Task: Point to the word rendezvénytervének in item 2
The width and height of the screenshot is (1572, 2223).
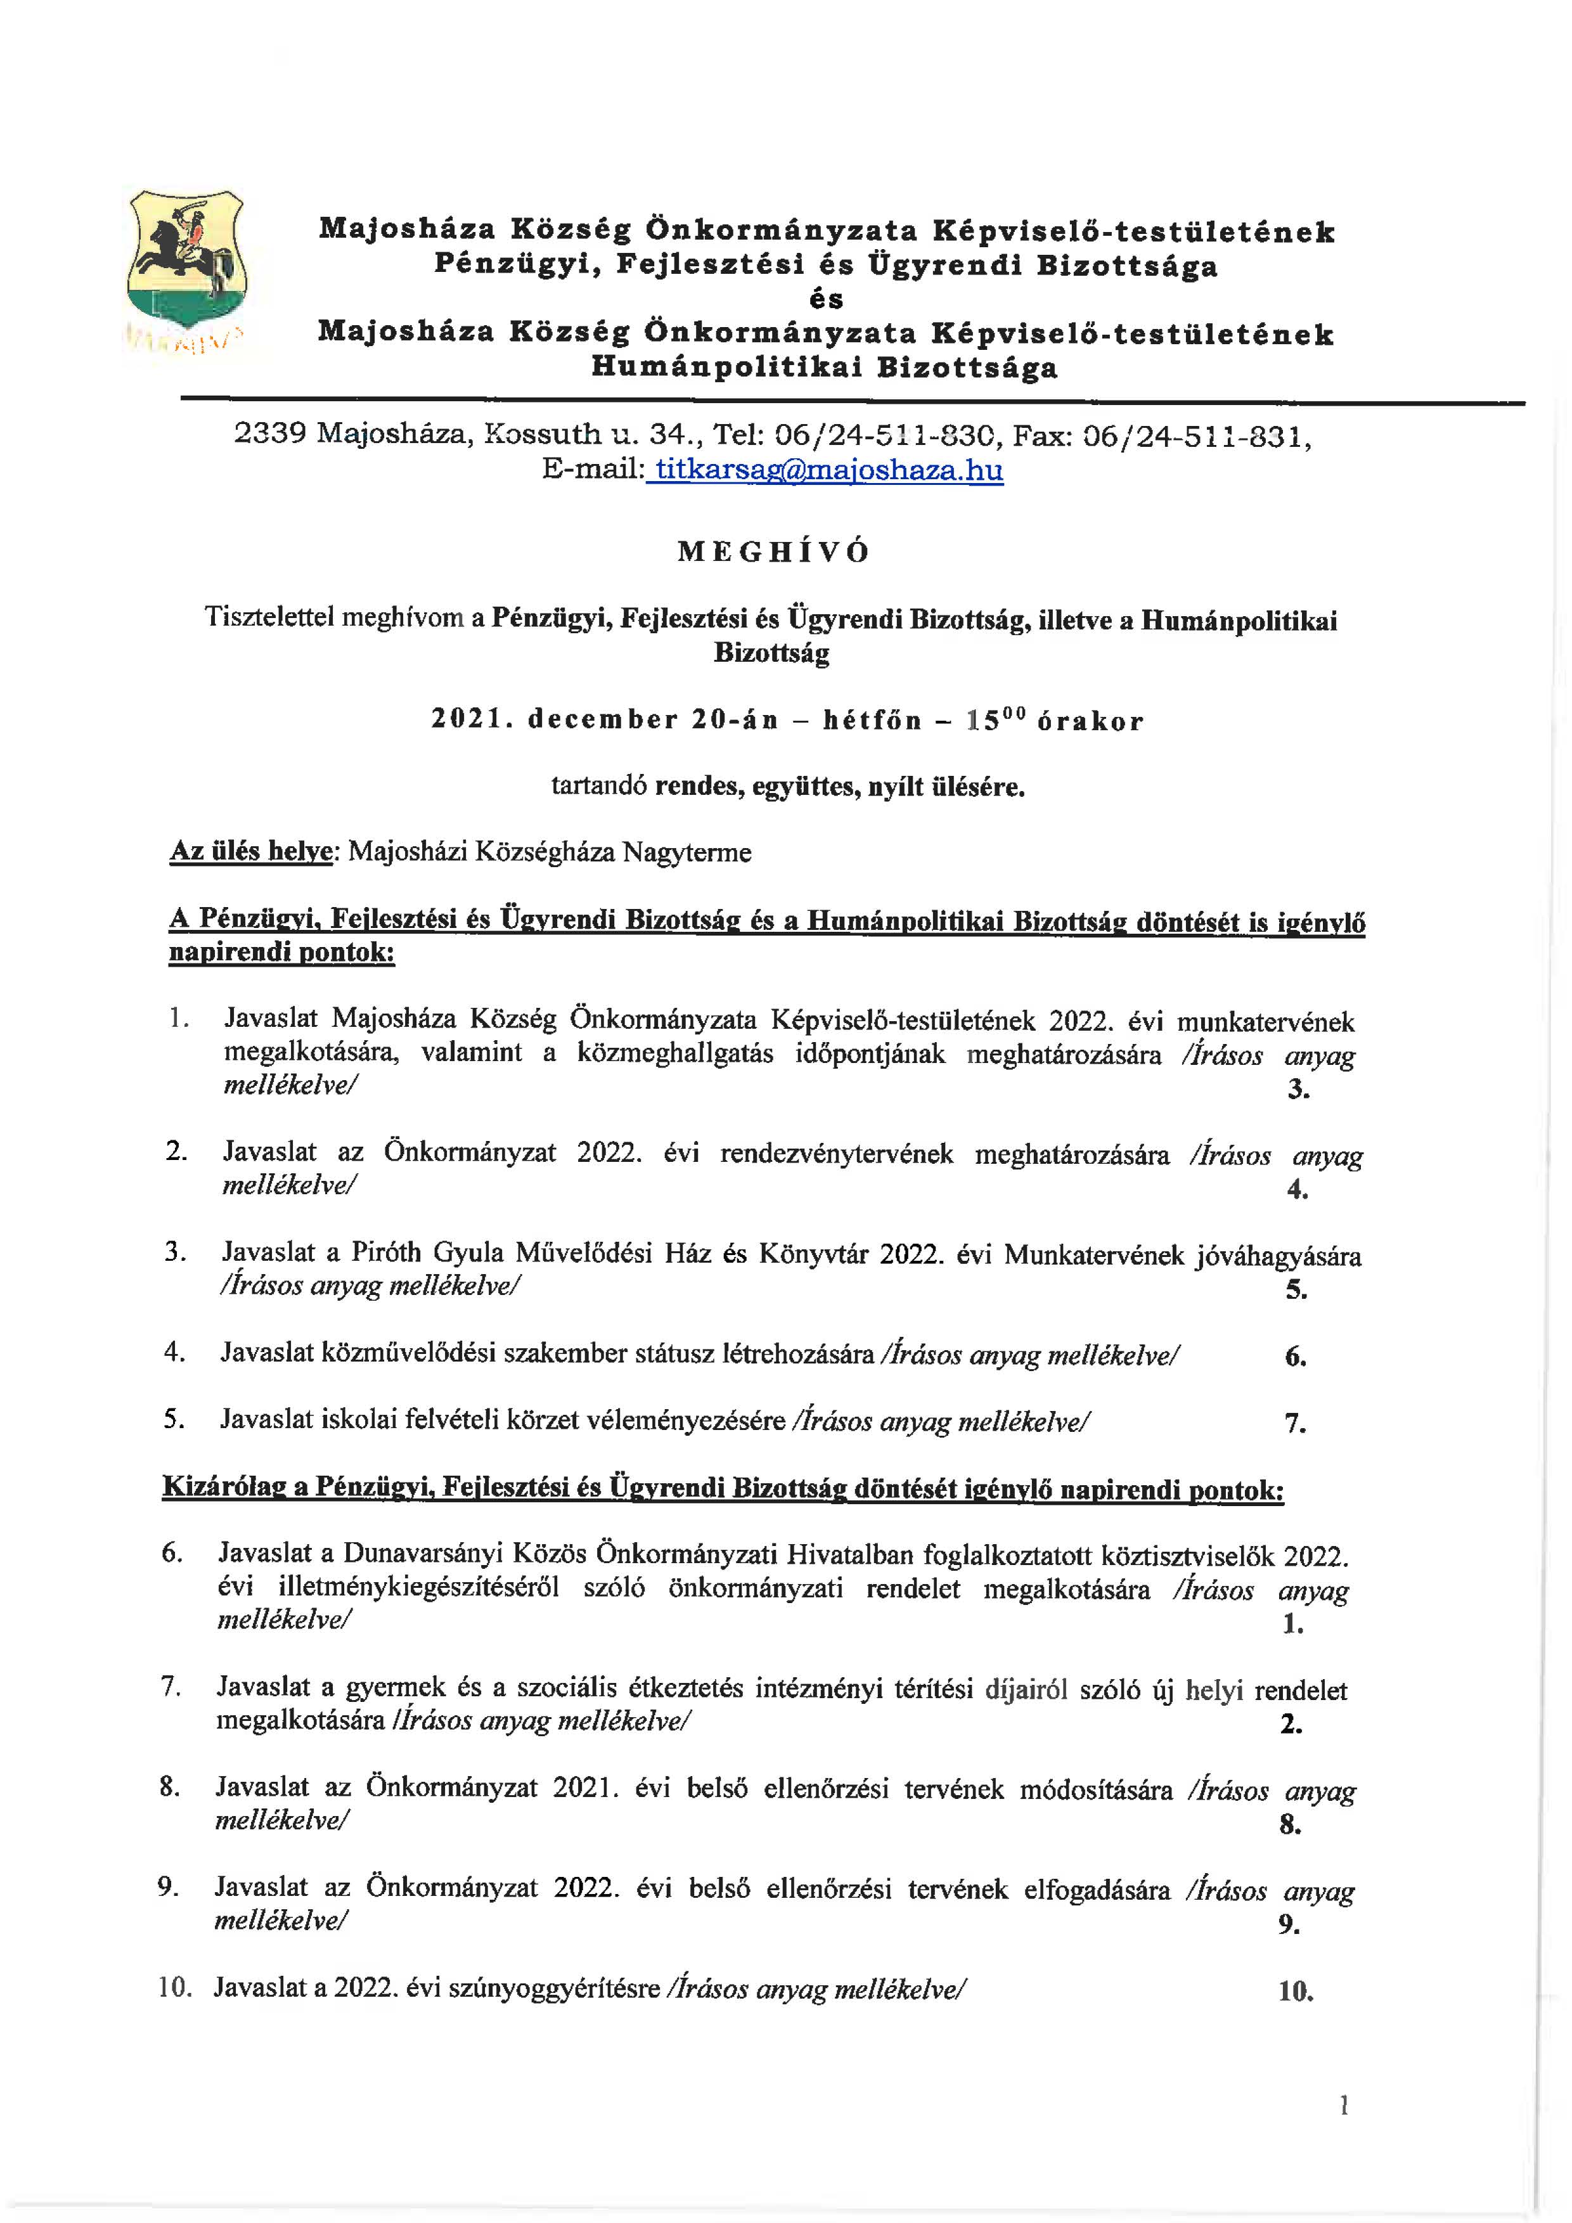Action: pos(836,1154)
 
